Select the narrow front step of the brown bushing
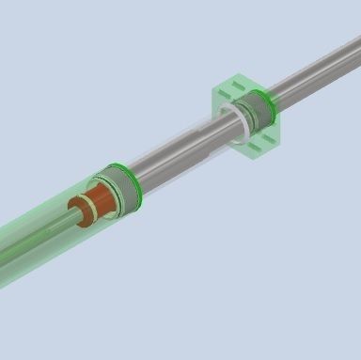pos(83,212)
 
